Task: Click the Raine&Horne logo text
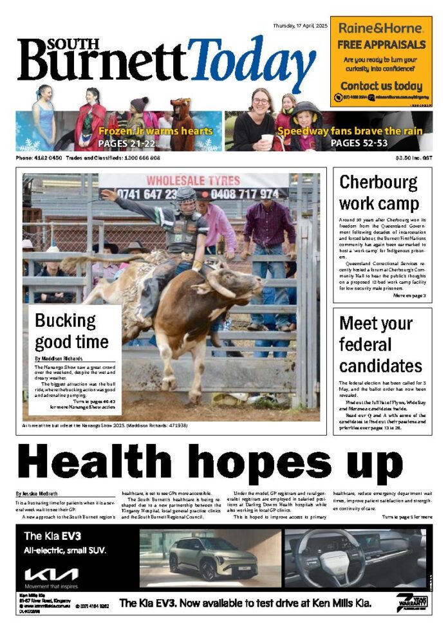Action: coord(381,29)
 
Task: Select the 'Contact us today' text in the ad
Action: coord(381,86)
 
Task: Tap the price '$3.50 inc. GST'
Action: coord(414,158)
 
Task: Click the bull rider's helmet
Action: coord(186,197)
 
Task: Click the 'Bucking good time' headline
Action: coord(71,330)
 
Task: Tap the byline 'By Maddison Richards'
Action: coord(60,358)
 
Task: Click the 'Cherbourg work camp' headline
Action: coord(379,193)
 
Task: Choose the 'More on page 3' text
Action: coord(409,295)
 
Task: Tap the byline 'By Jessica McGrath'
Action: coord(39,494)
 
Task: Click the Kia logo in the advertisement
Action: coord(51,573)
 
